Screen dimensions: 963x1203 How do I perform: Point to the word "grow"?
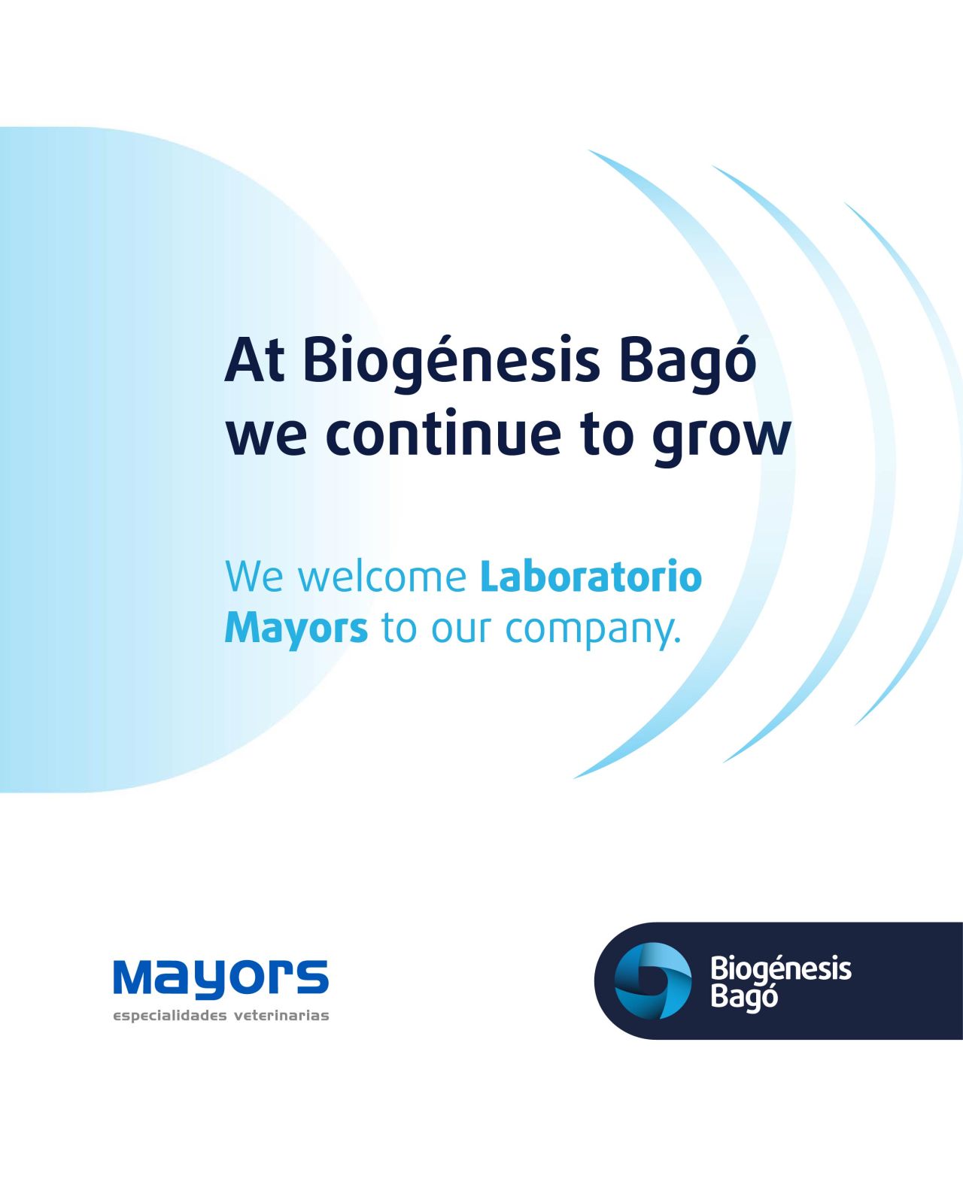coord(721,440)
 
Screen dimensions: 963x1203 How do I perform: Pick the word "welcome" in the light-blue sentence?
coord(383,576)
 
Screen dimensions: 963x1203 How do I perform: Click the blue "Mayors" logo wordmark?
coord(221,978)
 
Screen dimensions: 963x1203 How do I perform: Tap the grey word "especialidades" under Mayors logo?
coord(170,1016)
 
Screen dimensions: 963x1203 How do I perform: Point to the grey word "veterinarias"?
coord(281,1015)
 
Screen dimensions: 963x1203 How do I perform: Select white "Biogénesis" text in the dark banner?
coord(781,971)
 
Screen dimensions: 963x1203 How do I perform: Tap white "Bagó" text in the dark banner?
coord(743,998)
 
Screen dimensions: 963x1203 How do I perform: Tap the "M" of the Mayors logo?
coord(135,977)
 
